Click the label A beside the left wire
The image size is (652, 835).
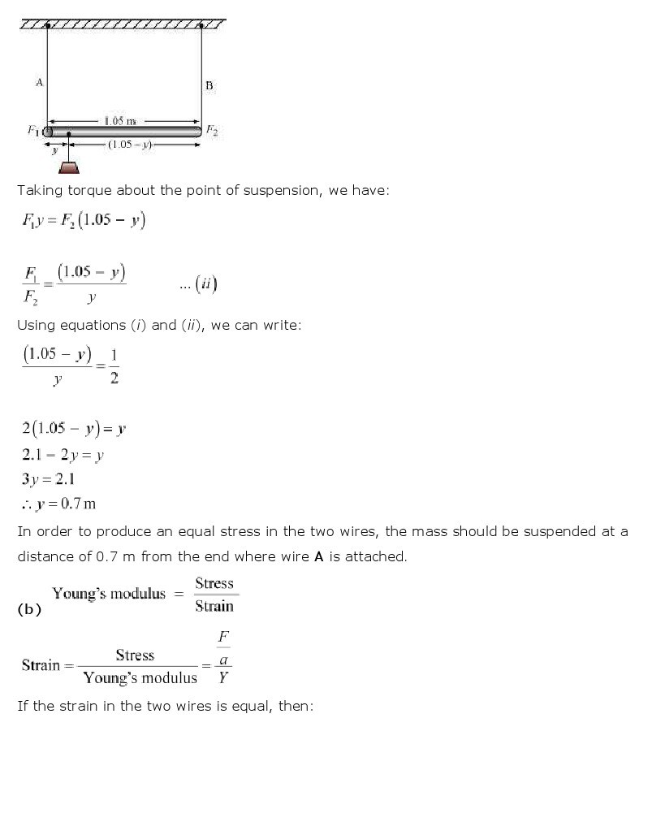(x=39, y=81)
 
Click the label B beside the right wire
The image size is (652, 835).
(x=209, y=85)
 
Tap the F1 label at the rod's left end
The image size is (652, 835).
(x=33, y=130)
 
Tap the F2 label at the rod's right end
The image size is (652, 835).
(x=212, y=129)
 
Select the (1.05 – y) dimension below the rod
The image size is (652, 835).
(x=130, y=145)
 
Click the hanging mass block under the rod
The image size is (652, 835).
(x=70, y=168)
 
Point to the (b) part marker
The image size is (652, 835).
(x=28, y=610)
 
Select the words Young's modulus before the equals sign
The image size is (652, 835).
(x=109, y=594)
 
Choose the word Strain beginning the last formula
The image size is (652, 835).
(x=41, y=665)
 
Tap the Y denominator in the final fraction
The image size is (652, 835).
(x=222, y=677)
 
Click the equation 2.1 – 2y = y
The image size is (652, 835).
(x=63, y=456)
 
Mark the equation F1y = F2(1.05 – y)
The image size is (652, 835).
(x=84, y=221)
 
